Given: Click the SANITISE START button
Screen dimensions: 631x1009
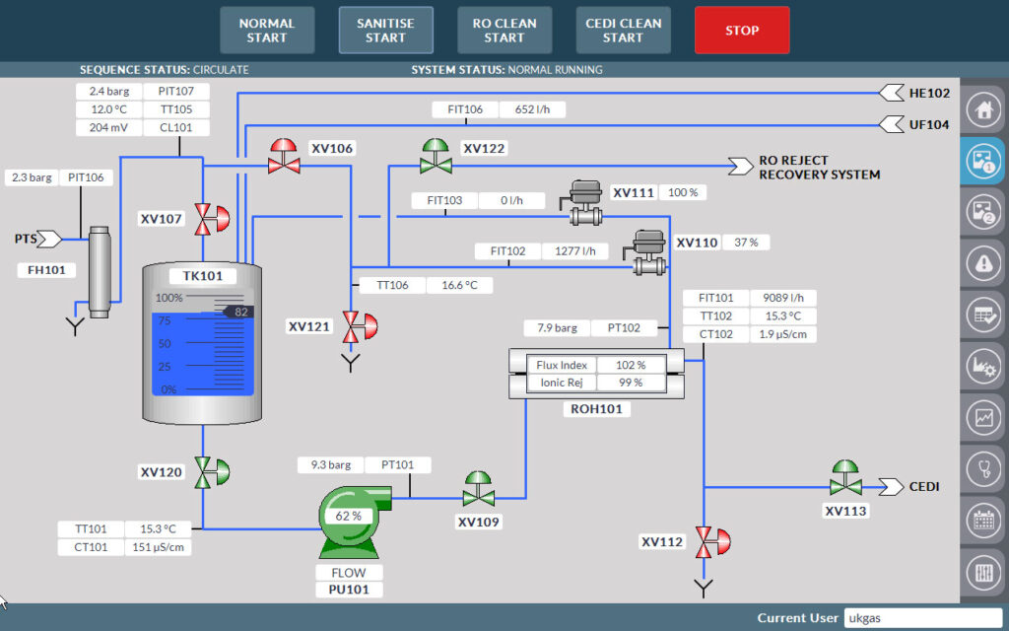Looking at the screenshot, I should pyautogui.click(x=385, y=31).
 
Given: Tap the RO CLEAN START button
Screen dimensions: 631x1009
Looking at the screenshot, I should pyautogui.click(x=504, y=31).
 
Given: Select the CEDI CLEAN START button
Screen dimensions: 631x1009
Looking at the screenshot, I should pyautogui.click(x=623, y=31).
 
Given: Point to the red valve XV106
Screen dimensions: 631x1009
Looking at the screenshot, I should pyautogui.click(x=285, y=157).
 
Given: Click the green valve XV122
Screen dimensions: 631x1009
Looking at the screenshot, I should pyautogui.click(x=436, y=157).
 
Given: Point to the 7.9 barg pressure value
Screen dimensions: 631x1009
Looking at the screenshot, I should pyautogui.click(x=558, y=327).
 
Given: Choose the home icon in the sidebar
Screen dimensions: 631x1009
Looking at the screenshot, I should pyautogui.click(x=982, y=108).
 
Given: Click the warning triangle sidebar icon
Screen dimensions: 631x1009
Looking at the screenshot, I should pyautogui.click(x=982, y=262).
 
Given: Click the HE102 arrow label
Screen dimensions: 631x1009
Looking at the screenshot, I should pyautogui.click(x=915, y=94).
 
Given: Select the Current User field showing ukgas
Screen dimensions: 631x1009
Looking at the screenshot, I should pyautogui.click(x=921, y=617).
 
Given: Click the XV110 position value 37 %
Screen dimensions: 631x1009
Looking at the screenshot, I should pyautogui.click(x=746, y=243).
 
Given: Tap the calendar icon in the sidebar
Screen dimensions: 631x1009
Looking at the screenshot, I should pyautogui.click(x=982, y=519).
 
